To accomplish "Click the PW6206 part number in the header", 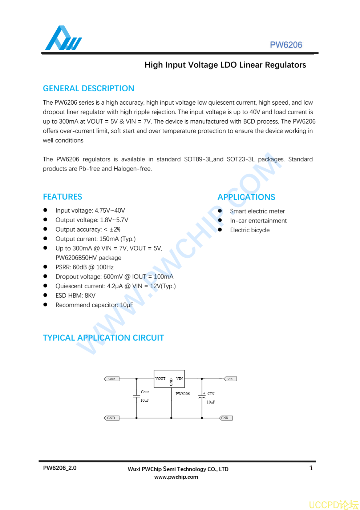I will [x=286, y=45].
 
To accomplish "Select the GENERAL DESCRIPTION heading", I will [x=88, y=88].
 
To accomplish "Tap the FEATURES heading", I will [x=62, y=197].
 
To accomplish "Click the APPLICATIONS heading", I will [x=246, y=197].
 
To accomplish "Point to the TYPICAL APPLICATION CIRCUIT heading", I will [x=103, y=338].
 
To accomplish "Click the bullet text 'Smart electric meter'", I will [x=257, y=211].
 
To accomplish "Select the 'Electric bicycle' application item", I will [x=250, y=230].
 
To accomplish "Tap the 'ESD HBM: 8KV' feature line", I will [x=75, y=296].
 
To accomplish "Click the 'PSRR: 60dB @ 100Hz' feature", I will [x=84, y=267].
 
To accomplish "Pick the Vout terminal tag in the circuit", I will [x=112, y=379].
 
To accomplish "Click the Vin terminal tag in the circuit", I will [x=230, y=379].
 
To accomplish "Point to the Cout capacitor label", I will [x=145, y=392].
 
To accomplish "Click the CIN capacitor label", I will [x=211, y=394].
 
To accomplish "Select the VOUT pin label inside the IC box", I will [x=160, y=378].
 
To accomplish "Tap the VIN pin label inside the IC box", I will [x=179, y=378].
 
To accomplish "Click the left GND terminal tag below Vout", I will [x=111, y=418].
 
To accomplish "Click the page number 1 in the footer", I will [x=311, y=468].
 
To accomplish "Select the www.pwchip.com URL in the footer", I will [x=176, y=477].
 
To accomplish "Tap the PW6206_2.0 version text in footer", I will [x=60, y=468].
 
